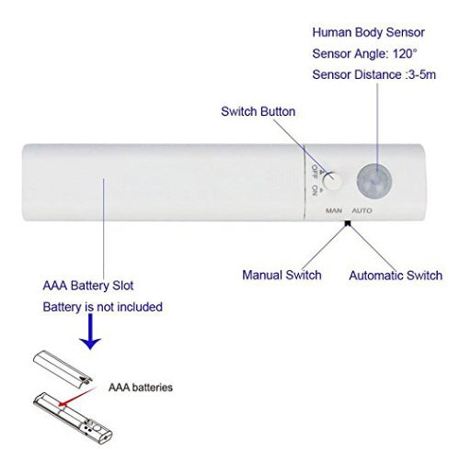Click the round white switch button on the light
[333, 182]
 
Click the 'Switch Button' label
[258, 111]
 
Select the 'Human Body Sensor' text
[368, 32]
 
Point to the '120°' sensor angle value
[405, 53]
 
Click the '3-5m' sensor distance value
[422, 74]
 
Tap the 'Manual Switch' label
[281, 275]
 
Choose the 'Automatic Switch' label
[396, 276]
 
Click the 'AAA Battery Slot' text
[88, 286]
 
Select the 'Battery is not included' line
[102, 307]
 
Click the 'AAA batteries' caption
[141, 388]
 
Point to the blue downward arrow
[90, 332]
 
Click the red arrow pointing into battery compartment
[77, 397]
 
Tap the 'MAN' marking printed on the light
[334, 210]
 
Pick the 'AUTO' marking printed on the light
[362, 210]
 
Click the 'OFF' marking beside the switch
[315, 172]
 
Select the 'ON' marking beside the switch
[315, 190]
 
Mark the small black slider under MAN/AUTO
[348, 223]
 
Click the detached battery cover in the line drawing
[63, 369]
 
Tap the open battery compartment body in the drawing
[73, 417]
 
